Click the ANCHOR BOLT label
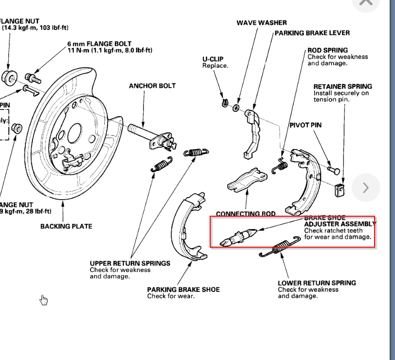tap(152, 86)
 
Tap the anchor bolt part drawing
tap(148, 133)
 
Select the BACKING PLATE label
tap(66, 226)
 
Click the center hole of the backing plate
tap(75, 133)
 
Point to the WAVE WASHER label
tap(262, 23)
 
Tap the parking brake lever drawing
tap(252, 131)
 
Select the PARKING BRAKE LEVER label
tap(312, 33)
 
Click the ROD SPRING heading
tap(327, 50)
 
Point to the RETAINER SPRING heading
tap(343, 87)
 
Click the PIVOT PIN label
tap(305, 125)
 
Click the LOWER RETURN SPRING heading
tap(317, 283)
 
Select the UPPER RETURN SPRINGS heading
tap(130, 263)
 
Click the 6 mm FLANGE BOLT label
tap(100, 44)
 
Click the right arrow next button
tap(365, 188)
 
